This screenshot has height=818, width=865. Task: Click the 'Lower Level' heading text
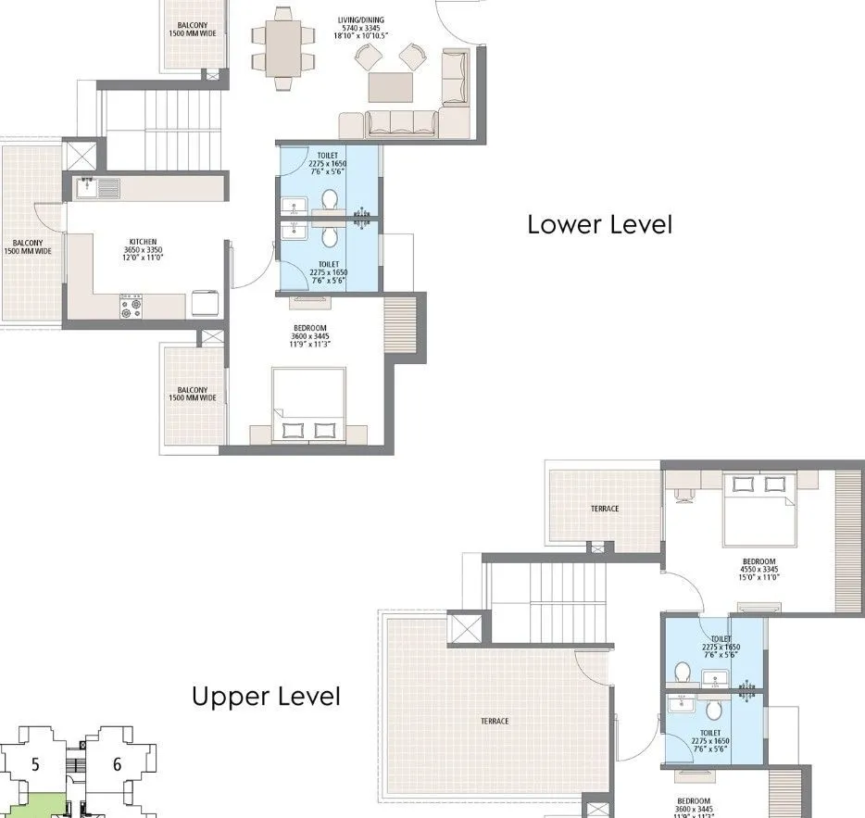(x=599, y=224)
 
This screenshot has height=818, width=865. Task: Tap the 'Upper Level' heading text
(x=266, y=697)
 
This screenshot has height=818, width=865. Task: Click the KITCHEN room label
(x=143, y=243)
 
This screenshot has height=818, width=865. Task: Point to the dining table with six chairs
(x=284, y=44)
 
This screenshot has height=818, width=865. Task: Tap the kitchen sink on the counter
(x=100, y=188)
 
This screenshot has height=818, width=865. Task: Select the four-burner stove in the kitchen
(x=131, y=307)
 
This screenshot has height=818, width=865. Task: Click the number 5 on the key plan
(x=35, y=764)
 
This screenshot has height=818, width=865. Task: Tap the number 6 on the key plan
(x=117, y=764)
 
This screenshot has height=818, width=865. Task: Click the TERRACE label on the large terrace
(x=494, y=721)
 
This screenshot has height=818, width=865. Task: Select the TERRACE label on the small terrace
(x=605, y=509)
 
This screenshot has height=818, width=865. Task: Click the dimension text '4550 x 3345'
(x=759, y=570)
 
